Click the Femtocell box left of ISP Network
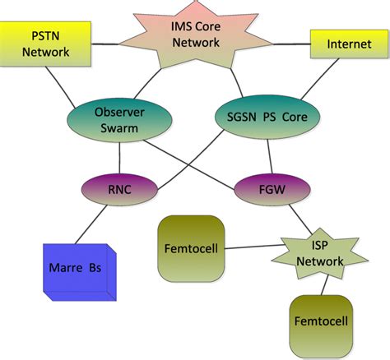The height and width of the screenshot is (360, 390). (x=190, y=247)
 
